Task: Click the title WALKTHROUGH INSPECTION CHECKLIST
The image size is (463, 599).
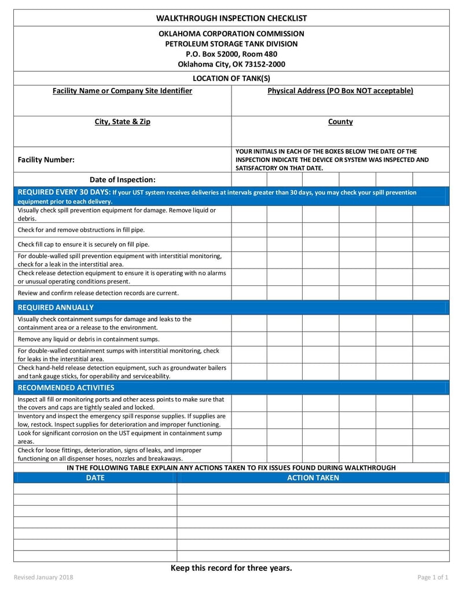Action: [x=231, y=19]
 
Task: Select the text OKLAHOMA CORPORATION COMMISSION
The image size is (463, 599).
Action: [x=231, y=34]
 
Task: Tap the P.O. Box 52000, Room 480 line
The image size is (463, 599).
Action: [x=231, y=54]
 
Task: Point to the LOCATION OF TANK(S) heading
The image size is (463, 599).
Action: [x=231, y=78]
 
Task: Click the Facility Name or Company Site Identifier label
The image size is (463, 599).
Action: [x=122, y=91]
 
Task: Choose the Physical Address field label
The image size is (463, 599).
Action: [x=340, y=91]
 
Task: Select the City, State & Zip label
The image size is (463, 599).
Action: [x=122, y=122]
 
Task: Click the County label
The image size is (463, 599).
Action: [x=340, y=122]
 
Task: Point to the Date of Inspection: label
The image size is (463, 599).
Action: [x=122, y=179]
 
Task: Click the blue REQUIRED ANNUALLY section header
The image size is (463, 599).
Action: [x=56, y=307]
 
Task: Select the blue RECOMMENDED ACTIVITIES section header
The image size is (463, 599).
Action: [x=66, y=388]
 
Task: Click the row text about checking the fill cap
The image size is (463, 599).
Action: [x=83, y=244]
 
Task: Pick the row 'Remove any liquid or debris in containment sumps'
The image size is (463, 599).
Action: [x=89, y=339]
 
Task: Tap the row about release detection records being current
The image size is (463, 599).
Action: [x=98, y=293]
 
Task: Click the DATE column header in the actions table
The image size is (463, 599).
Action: [x=95, y=478]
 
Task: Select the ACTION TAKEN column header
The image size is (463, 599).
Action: [x=313, y=478]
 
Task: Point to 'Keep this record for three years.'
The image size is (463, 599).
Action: [x=231, y=568]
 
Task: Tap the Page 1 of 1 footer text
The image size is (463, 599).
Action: [x=433, y=578]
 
